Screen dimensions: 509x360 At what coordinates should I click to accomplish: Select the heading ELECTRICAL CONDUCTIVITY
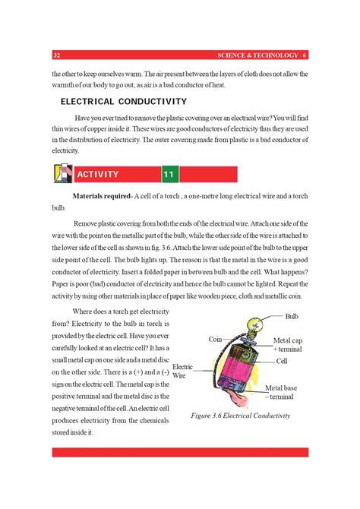tap(124, 101)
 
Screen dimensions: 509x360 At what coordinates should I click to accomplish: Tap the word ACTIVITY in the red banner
tap(98, 175)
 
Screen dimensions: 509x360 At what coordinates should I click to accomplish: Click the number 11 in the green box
tap(169, 175)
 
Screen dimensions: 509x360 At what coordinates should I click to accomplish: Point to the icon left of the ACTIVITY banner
tap(62, 174)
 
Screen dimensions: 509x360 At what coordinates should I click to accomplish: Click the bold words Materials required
tap(101, 196)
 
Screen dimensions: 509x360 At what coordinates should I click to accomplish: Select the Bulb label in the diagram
tap(292, 315)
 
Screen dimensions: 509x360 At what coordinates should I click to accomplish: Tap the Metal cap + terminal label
tap(287, 345)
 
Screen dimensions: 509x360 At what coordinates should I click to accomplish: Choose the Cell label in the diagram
tap(282, 361)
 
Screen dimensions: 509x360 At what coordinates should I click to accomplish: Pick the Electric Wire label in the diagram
tap(183, 371)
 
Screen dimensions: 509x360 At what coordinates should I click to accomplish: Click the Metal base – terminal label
tap(281, 392)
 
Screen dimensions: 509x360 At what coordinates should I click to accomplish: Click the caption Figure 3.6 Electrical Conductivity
tap(241, 416)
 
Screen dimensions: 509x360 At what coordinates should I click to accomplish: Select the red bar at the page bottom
tap(179, 452)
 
